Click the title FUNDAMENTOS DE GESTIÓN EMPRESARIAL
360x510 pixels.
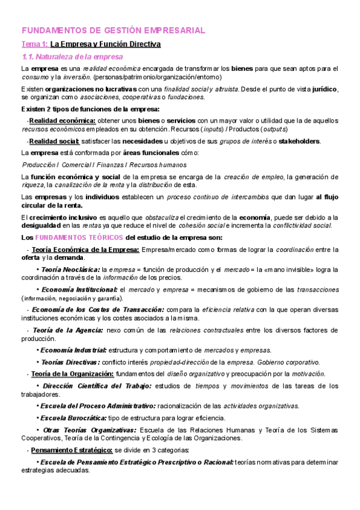[114, 29]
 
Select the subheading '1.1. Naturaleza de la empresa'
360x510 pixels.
[72, 57]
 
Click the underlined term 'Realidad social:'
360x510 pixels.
[53, 141]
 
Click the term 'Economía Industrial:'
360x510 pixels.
[74, 350]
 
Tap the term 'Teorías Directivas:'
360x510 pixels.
[70, 362]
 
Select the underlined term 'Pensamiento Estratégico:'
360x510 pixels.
[72, 450]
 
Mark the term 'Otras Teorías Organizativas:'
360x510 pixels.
[90, 429]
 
